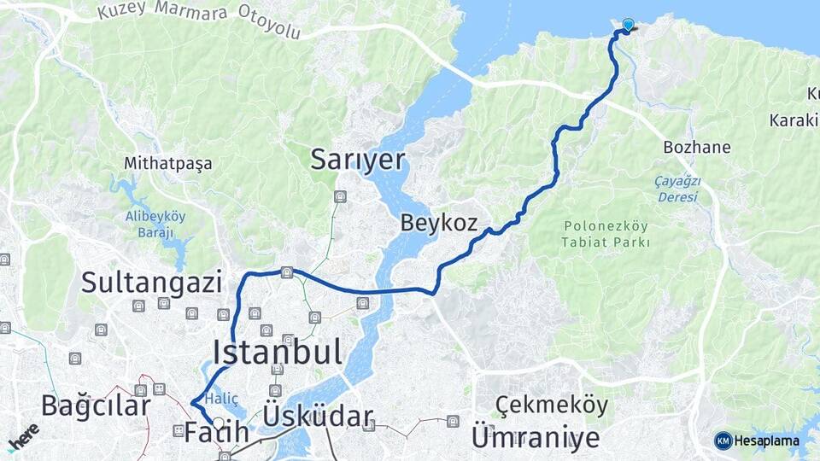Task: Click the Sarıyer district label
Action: pos(357,159)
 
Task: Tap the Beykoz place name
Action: pos(438,224)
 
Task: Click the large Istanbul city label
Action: pos(278,352)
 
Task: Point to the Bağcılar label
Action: pos(96,406)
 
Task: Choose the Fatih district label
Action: pos(217,432)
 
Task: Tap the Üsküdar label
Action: pos(319,417)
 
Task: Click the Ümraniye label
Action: pos(535,437)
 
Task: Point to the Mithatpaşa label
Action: pos(167,162)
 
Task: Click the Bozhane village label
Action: pos(697,147)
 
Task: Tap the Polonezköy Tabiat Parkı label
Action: pos(606,234)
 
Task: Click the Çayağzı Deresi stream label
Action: pos(676,189)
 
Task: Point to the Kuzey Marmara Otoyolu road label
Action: pos(199,20)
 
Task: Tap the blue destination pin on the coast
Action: pos(629,26)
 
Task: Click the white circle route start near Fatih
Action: pos(219,423)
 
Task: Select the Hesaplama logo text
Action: pos(766,441)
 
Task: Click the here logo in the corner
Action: pos(23,435)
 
